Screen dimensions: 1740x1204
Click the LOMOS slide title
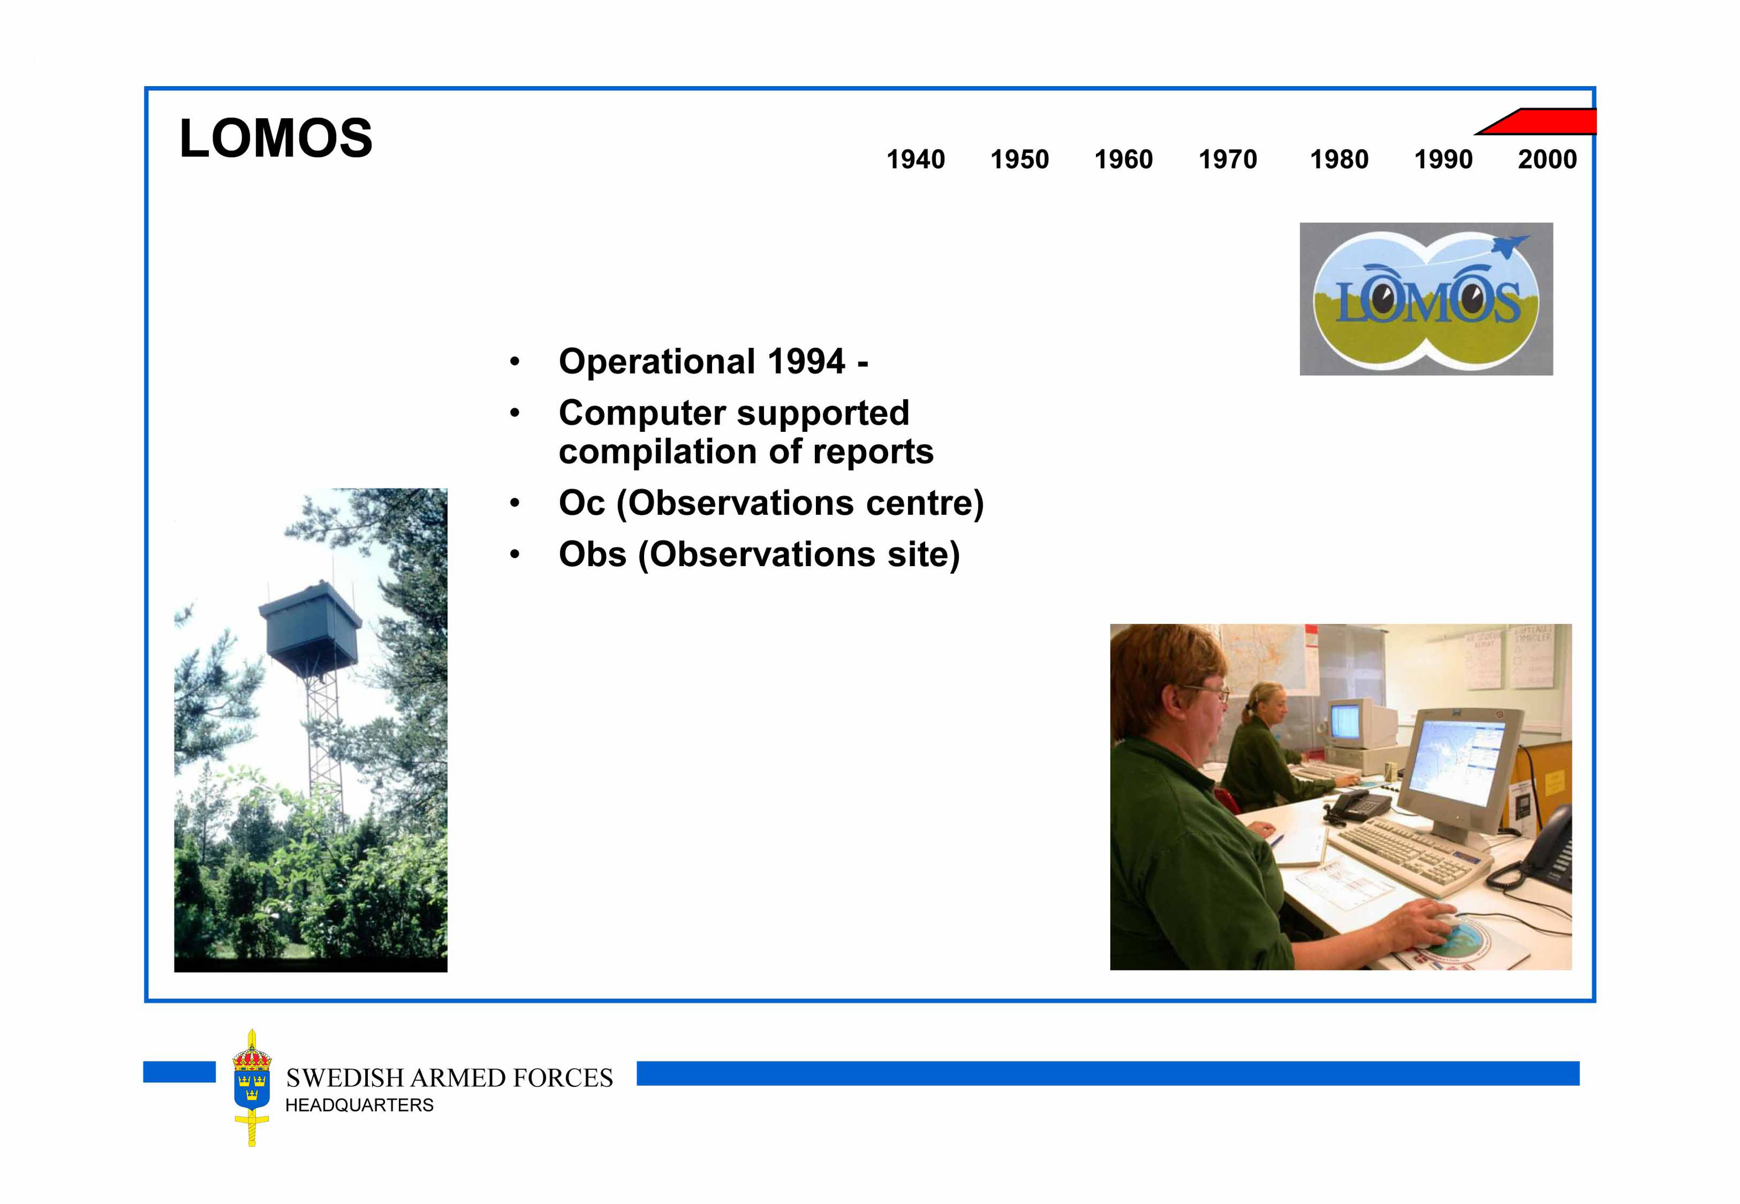coord(276,138)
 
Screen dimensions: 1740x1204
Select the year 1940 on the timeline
coord(915,159)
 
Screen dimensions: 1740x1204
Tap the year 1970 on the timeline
coord(1227,159)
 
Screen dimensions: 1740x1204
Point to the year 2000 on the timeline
coord(1547,159)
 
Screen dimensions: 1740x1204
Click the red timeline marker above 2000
coord(1539,122)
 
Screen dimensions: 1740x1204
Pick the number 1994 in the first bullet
coord(806,361)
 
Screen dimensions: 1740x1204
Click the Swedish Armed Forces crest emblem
coord(251,1087)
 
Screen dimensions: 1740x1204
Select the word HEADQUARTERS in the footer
coord(359,1105)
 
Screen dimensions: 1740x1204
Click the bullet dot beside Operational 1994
coord(515,361)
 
